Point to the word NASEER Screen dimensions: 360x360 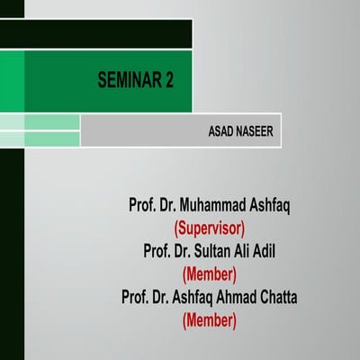point(256,130)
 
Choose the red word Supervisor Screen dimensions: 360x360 point(210,228)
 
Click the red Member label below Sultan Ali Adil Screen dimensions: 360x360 point(210,274)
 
